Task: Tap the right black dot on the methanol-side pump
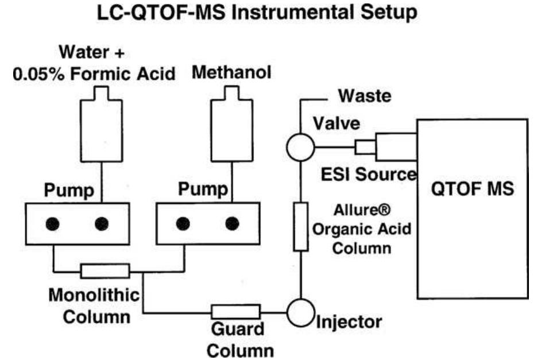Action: tap(232, 223)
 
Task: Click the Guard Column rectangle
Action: tap(235, 312)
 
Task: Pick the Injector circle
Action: tap(299, 312)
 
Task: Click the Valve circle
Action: tap(299, 148)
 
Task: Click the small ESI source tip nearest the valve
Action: tap(364, 148)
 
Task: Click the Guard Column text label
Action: tap(235, 339)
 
